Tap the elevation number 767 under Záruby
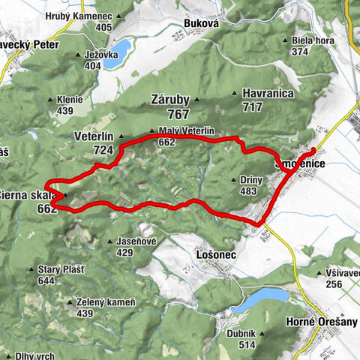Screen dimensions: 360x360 click(x=178, y=114)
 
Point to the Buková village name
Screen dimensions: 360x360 click(x=200, y=23)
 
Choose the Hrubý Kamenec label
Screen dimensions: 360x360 click(x=78, y=16)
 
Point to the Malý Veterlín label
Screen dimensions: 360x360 click(x=187, y=130)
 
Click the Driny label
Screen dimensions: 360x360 click(x=253, y=180)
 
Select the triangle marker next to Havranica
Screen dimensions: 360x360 click(x=235, y=93)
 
